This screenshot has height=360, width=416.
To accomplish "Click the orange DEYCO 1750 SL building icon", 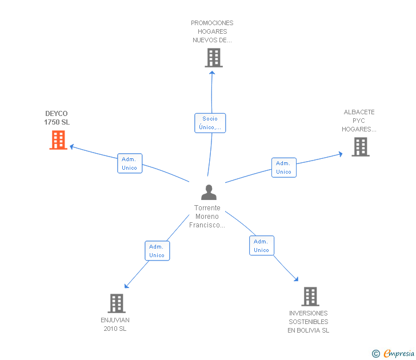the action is (x=58, y=140).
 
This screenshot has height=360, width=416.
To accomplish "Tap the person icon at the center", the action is (x=209, y=192).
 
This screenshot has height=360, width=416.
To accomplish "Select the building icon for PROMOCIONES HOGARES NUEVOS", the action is (x=214, y=58).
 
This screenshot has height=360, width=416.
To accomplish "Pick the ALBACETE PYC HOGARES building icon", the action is (x=361, y=147).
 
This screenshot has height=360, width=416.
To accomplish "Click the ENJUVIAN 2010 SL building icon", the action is (x=117, y=303).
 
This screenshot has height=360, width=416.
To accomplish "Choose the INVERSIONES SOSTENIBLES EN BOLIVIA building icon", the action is (x=310, y=297).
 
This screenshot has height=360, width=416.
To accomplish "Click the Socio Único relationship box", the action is (x=210, y=123).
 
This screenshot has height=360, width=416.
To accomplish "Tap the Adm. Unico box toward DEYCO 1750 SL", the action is (x=130, y=163).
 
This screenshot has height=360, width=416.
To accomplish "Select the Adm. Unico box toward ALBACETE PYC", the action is (x=284, y=167).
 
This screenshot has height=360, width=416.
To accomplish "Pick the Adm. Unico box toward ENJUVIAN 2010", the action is (x=157, y=251).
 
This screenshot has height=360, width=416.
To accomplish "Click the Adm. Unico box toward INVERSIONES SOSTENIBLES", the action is (x=262, y=245).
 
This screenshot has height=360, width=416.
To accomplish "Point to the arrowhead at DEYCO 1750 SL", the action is (x=71, y=146).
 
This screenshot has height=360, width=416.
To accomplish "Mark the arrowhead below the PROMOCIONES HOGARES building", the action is (x=212, y=73).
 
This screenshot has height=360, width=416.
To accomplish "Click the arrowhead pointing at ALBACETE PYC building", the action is (x=341, y=154).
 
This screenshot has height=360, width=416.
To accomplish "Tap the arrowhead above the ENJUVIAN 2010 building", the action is (x=126, y=286).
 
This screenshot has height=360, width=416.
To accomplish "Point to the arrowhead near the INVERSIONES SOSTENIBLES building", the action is (x=297, y=279).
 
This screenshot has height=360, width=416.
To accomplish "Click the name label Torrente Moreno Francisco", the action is (x=207, y=217).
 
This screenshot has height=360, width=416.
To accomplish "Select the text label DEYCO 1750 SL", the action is (x=57, y=118).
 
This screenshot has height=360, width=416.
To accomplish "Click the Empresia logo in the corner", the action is (x=399, y=353).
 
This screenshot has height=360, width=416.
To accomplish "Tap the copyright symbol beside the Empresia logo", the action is (x=376, y=354).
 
